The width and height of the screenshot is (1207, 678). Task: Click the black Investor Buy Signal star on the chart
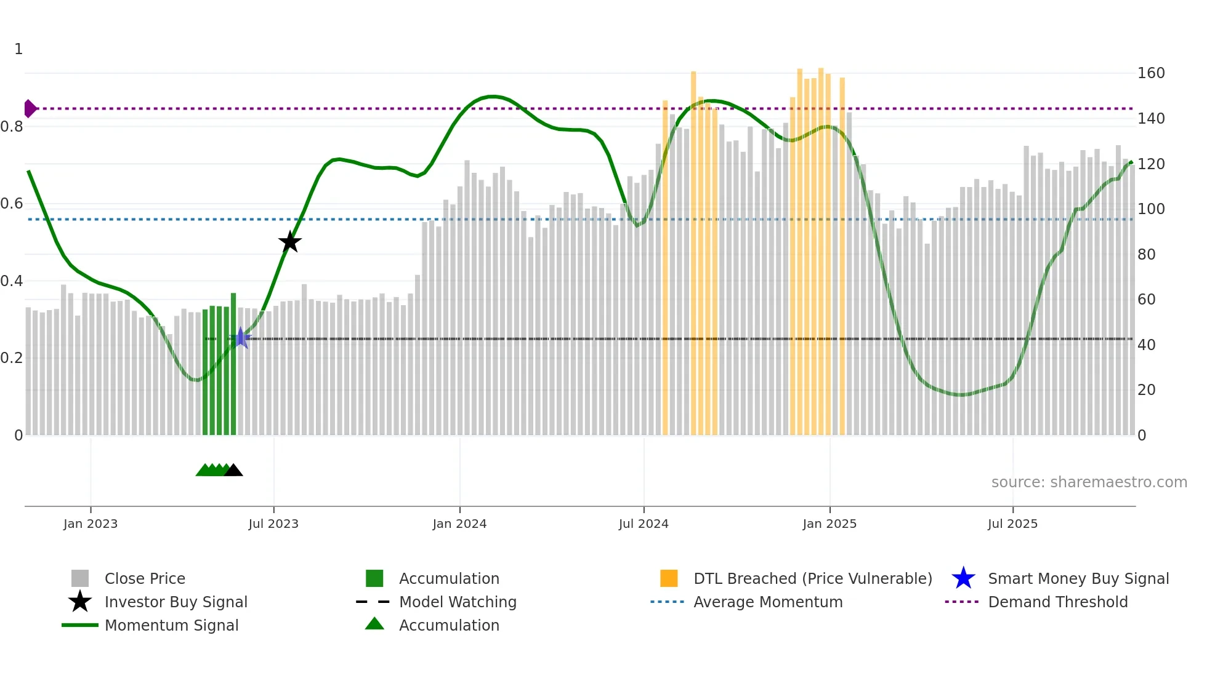coord(289,242)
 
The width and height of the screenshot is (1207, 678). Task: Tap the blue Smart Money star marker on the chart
coord(241,338)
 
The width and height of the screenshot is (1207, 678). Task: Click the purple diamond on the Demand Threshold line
coord(30,108)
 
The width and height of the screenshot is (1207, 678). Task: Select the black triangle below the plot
coord(233,471)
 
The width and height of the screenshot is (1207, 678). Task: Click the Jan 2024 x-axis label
coord(459,524)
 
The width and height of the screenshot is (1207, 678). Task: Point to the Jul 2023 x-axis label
coord(273,524)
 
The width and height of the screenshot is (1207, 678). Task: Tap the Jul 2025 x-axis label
coord(1012,524)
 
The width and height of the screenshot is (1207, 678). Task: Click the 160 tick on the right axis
coord(1150,73)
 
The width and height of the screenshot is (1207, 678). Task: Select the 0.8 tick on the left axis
coord(12,127)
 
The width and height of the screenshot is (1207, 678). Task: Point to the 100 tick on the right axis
coord(1150,209)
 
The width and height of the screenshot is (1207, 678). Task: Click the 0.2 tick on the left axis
coord(12,358)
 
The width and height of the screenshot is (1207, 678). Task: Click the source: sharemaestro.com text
coord(1089,482)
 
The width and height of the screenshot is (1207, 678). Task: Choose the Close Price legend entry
coord(145,578)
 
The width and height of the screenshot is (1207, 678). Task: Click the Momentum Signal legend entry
coord(171,625)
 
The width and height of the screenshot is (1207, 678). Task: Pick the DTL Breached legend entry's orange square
coord(669,578)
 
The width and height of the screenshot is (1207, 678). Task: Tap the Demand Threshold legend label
coord(1057,602)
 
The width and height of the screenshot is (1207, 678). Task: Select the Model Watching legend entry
coord(458,602)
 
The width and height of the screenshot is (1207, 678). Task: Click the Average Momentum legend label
coord(768,602)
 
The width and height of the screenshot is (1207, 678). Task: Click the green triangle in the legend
coord(374,624)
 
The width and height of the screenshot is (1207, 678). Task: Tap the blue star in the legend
coord(963,578)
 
